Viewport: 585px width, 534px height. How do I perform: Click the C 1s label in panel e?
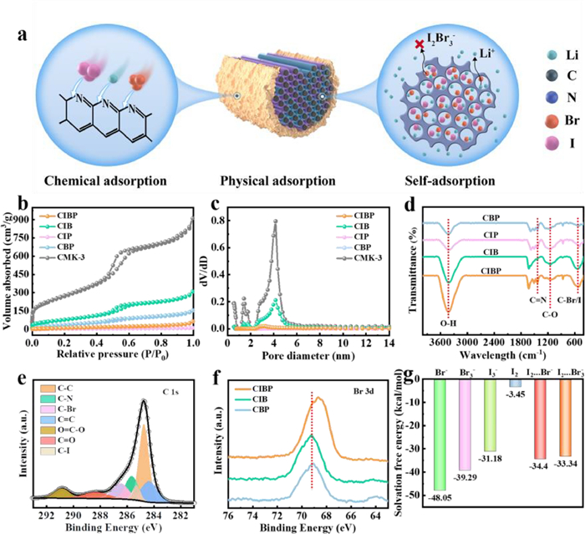pos(177,387)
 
